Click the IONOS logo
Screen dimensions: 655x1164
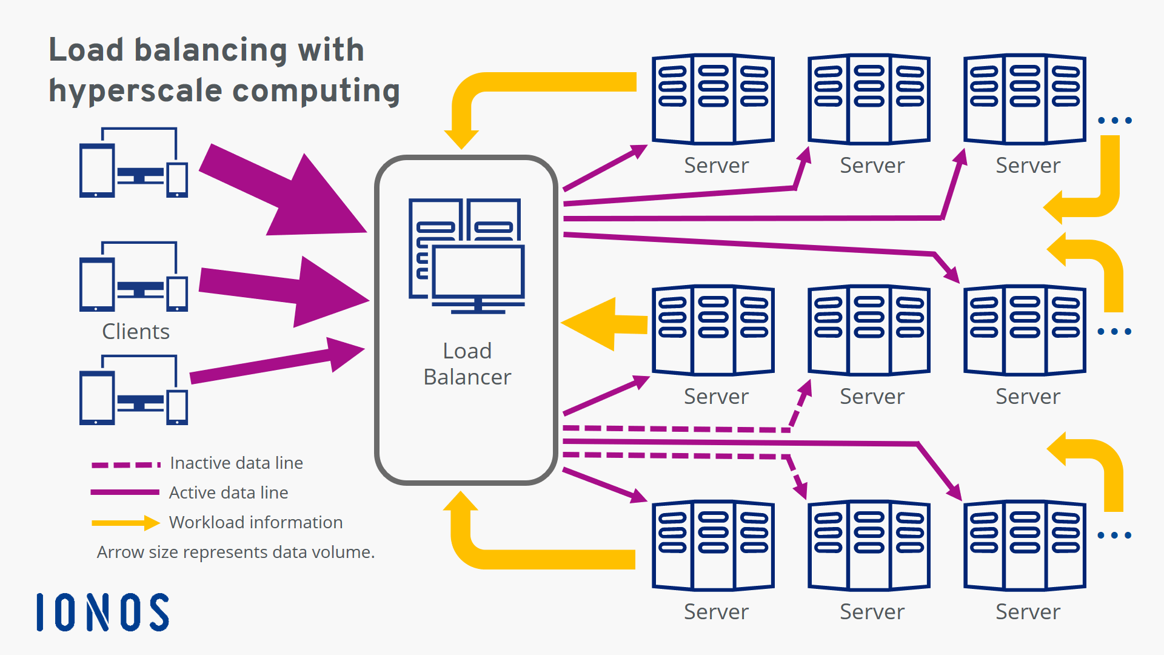tap(102, 612)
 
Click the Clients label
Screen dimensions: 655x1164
tap(135, 331)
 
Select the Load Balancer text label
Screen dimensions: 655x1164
tap(467, 364)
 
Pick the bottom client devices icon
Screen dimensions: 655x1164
tap(133, 391)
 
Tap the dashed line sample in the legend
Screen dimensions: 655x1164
tap(125, 465)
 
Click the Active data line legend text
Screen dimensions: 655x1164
tap(229, 492)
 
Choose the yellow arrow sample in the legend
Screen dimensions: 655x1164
tap(125, 523)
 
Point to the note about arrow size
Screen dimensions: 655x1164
tap(235, 552)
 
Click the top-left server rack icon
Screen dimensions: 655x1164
tap(713, 99)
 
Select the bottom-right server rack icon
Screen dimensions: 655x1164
tap(1025, 545)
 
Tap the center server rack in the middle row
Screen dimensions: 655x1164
tap(869, 330)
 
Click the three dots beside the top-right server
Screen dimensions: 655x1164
tap(1114, 121)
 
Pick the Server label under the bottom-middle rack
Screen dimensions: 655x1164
tap(872, 611)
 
